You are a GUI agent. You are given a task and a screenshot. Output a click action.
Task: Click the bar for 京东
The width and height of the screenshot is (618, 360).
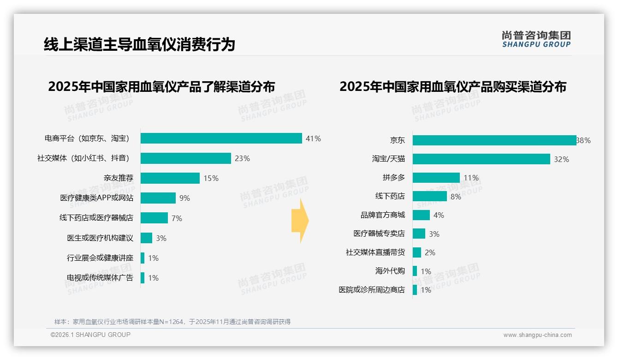(494, 140)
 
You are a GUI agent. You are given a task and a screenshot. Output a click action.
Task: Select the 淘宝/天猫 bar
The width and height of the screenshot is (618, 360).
(481, 159)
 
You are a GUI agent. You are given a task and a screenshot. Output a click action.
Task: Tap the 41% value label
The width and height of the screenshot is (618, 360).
(313, 138)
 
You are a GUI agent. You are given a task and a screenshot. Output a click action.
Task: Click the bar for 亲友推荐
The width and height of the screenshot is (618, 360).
(170, 178)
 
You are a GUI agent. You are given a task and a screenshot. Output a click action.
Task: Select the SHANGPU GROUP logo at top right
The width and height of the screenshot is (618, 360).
(536, 39)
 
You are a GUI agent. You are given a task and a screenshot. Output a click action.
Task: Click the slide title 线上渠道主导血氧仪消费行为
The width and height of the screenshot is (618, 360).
(139, 44)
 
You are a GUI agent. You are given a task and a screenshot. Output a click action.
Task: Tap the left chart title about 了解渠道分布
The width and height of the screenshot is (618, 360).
(161, 87)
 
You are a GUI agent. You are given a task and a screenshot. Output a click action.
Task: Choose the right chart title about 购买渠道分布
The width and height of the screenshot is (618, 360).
(453, 87)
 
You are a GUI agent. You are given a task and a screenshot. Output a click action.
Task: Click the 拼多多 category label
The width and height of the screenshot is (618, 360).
(393, 178)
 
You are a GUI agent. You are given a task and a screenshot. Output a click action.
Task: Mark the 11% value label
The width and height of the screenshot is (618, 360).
(471, 178)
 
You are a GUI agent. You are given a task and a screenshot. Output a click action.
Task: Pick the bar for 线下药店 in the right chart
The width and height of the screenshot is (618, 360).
(429, 196)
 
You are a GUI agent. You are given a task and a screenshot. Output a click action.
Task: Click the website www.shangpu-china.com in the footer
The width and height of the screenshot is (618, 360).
(537, 335)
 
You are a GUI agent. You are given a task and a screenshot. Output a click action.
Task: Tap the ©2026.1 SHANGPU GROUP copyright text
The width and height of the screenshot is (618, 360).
(90, 335)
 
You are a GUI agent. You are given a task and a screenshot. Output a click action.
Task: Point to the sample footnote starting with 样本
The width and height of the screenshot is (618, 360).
(172, 322)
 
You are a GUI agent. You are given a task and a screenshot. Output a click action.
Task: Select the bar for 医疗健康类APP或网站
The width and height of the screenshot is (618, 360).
(158, 198)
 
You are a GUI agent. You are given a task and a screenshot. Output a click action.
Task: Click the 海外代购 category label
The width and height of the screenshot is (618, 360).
(390, 271)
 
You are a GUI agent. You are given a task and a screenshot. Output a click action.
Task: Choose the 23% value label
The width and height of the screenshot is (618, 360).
(242, 158)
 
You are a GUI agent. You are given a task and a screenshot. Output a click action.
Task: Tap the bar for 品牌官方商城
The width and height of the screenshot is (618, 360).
(421, 215)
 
